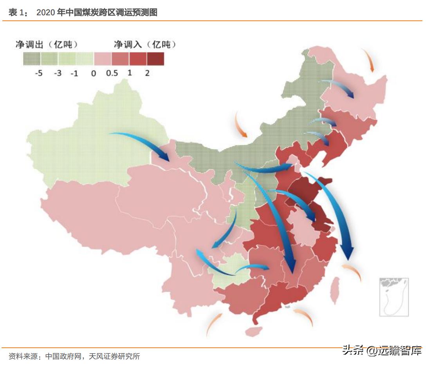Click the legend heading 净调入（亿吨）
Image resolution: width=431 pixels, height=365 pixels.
click(145, 44)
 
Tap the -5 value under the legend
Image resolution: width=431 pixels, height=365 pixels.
click(38, 73)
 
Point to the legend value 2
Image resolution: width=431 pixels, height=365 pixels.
click(147, 73)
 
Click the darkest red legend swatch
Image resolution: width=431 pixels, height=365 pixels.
click(155, 58)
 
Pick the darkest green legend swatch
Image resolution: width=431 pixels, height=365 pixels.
click(32, 58)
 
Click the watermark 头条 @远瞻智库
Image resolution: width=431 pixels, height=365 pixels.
click(382, 350)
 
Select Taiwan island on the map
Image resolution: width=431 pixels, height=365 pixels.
click(335, 291)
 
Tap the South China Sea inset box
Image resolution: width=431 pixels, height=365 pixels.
click(393, 297)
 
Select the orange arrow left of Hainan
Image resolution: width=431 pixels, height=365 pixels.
click(214, 325)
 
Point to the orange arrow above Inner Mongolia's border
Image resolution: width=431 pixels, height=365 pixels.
click(240, 125)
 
